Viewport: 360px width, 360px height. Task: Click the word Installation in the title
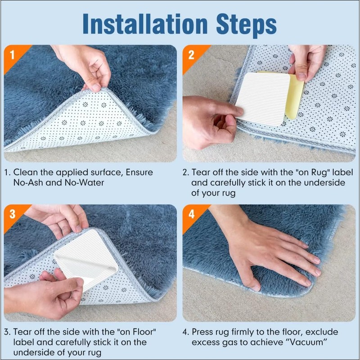click(145, 24)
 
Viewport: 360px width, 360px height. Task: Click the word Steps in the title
click(246, 25)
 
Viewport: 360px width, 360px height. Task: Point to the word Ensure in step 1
click(139, 172)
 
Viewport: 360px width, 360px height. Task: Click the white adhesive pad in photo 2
click(262, 99)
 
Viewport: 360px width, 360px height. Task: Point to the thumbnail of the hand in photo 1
click(96, 87)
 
